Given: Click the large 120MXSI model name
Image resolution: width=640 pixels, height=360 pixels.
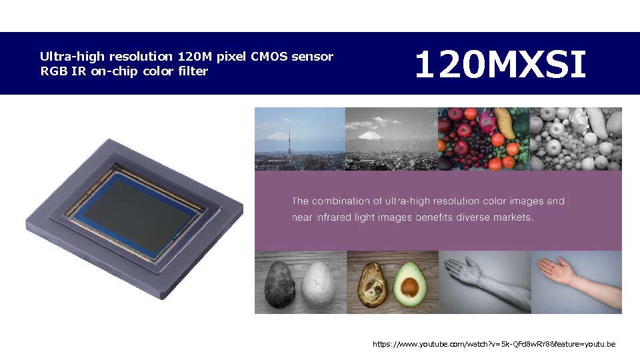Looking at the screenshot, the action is coord(501,64).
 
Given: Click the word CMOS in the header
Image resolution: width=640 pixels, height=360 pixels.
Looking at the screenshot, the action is coord(269,56).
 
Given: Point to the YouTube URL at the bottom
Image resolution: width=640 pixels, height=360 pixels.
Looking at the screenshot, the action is coord(494,344).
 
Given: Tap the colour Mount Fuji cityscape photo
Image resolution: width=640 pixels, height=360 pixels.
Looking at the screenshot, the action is coord(300,139).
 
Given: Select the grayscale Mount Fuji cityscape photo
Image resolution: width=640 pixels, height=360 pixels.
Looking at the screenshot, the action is coord(391,139).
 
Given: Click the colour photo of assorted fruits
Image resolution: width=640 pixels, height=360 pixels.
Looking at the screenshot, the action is coord(484,139).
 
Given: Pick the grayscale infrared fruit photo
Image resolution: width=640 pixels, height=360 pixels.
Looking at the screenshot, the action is coord(576,139).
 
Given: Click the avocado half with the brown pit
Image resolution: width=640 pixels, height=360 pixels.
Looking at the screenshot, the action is coord(410,285).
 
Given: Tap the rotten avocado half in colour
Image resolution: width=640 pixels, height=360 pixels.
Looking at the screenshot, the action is coord(371,285).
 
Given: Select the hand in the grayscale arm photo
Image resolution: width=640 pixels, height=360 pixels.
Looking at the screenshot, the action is coord(465,269).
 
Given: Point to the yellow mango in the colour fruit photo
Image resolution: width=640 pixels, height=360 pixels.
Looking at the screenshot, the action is coord(505,123).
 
